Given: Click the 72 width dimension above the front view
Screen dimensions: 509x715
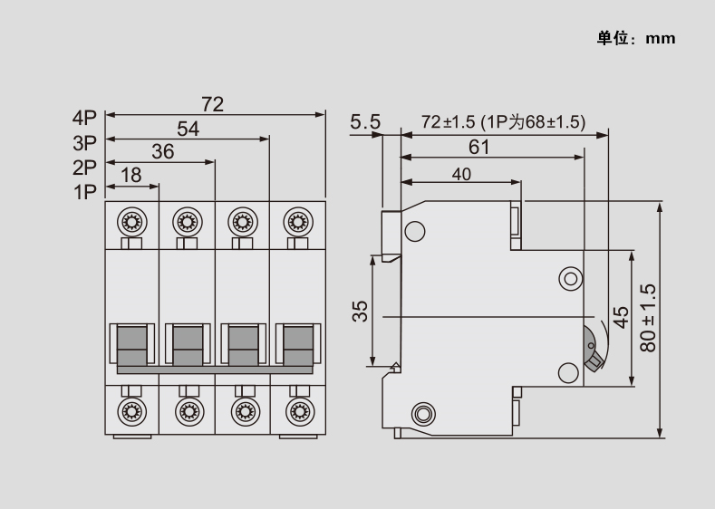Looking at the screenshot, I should pos(212,104).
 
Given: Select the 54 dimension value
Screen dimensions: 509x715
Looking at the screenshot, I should pos(188,129).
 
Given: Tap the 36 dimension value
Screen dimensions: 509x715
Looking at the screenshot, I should pos(162,152).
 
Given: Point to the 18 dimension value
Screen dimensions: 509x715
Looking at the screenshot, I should pos(131,176).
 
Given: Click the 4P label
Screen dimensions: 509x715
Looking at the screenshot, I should pos(84,118).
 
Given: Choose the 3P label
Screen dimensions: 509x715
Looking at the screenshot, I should pos(84,142).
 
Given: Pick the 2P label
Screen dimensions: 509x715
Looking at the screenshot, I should pos(84,167).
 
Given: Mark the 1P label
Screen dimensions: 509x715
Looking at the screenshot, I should pos(84,191).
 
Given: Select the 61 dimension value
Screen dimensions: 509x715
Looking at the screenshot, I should pos(479,147).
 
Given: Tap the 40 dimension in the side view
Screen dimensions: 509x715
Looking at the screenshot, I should pos(461,176).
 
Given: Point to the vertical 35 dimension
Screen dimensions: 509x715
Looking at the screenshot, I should pos(360,312).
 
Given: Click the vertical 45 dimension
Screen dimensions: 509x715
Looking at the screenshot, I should pos(621,318).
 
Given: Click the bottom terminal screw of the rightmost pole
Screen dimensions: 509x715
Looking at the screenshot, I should pos(296,410).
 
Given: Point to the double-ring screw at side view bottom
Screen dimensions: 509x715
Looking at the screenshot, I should pos(422,415).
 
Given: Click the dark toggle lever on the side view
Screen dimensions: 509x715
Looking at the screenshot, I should pos(591,351).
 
